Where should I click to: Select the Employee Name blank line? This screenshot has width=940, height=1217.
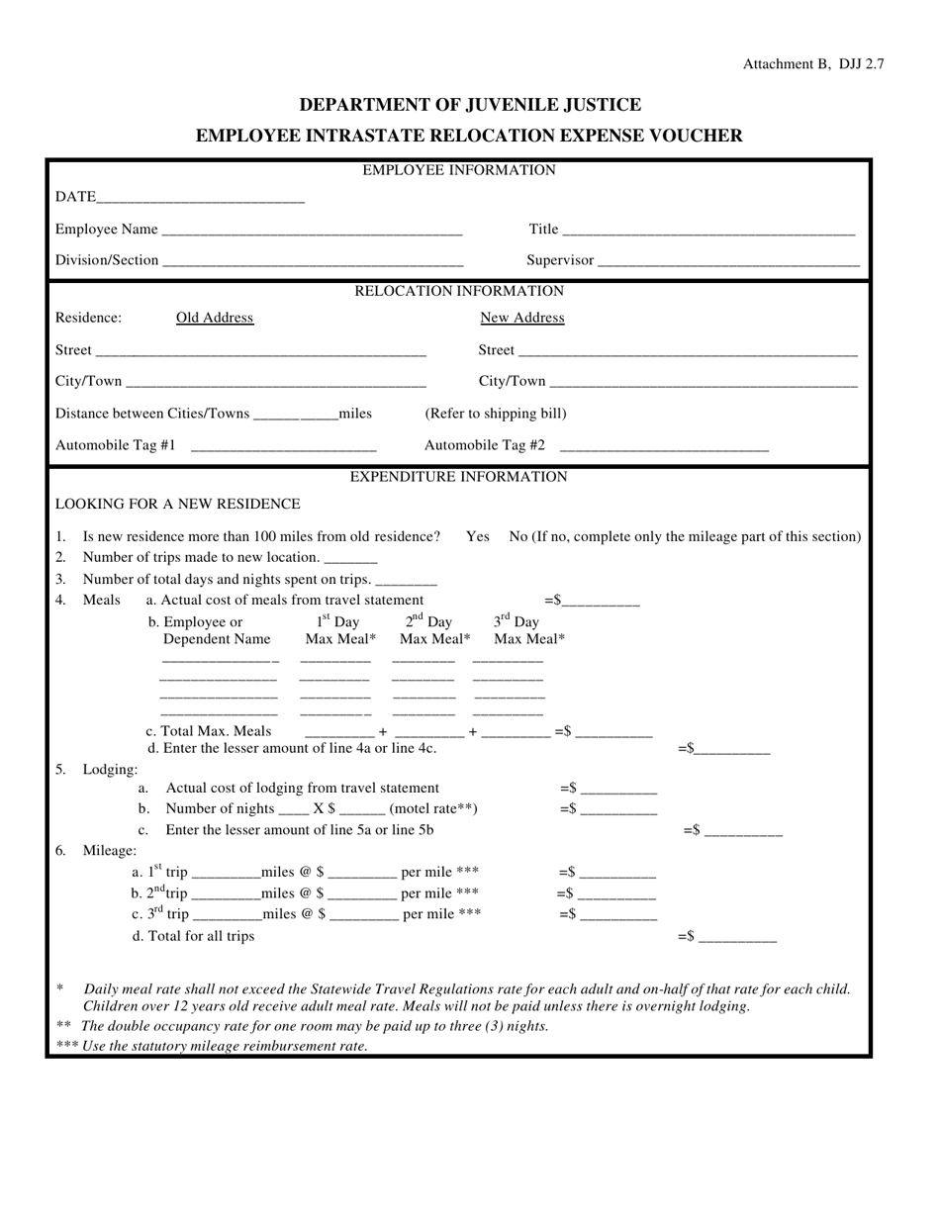coord(311,231)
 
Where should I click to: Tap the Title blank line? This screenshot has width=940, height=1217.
coord(707,231)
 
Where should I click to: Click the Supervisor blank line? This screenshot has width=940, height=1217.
coord(728,261)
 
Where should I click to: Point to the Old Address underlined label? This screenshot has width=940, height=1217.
coord(215,318)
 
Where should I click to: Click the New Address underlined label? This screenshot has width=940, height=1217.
coord(522,318)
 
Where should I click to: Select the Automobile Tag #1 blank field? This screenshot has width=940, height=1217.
coord(283,446)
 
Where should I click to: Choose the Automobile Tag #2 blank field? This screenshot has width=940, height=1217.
coord(663,446)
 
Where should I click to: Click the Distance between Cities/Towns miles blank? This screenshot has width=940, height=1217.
coord(296,414)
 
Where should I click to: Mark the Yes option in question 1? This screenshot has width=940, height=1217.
coord(478,536)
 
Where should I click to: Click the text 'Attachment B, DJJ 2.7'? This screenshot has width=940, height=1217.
coord(813,64)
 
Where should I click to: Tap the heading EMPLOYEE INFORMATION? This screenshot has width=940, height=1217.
coord(459,170)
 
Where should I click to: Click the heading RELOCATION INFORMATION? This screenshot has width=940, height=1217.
coord(459,291)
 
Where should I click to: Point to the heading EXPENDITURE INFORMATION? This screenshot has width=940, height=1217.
coord(459,477)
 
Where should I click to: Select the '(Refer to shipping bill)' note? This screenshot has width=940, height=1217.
coord(496,414)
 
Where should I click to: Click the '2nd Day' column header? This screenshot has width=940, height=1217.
coord(428,621)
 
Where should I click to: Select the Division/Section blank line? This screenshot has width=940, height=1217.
coord(313,261)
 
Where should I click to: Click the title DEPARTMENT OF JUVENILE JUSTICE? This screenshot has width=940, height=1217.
coord(470,105)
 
